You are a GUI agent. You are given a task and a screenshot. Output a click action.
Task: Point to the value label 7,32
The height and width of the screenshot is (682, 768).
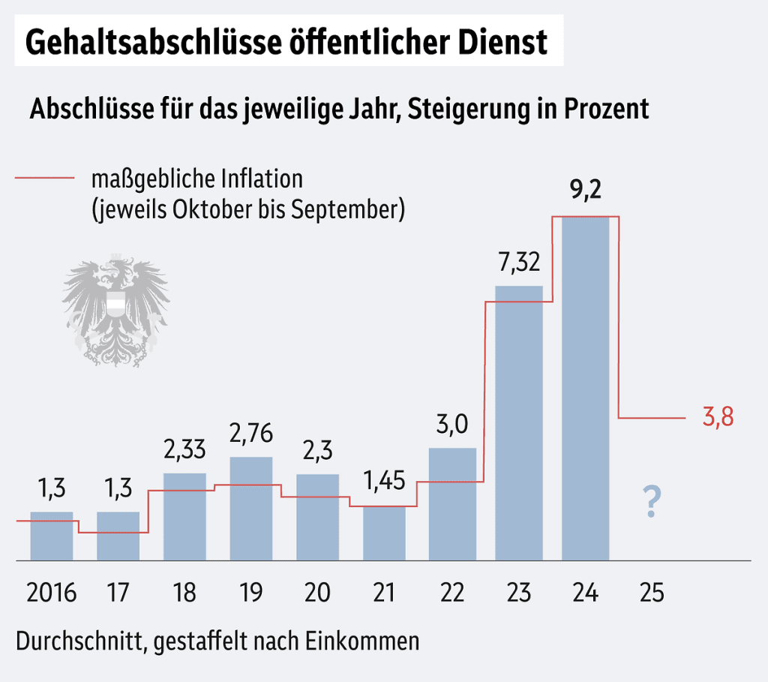[518, 263]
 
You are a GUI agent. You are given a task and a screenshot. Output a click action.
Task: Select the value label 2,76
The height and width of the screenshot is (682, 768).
[251, 434]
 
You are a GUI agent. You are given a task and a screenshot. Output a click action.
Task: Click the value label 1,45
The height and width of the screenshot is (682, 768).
[384, 480]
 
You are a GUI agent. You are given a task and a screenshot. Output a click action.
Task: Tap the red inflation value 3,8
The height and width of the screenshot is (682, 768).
[718, 418]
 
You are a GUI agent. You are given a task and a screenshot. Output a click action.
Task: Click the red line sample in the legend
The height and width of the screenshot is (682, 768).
[45, 179]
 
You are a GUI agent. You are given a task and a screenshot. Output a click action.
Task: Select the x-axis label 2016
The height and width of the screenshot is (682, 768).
[52, 593]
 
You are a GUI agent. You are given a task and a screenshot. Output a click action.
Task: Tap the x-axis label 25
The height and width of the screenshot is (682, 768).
[652, 593]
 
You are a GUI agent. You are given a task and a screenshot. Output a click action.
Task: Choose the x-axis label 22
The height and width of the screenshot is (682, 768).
[452, 593]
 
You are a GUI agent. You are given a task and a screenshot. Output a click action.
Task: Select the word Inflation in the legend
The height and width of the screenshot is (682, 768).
[261, 179]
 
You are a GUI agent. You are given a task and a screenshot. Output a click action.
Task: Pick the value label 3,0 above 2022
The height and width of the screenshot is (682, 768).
[452, 425]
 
